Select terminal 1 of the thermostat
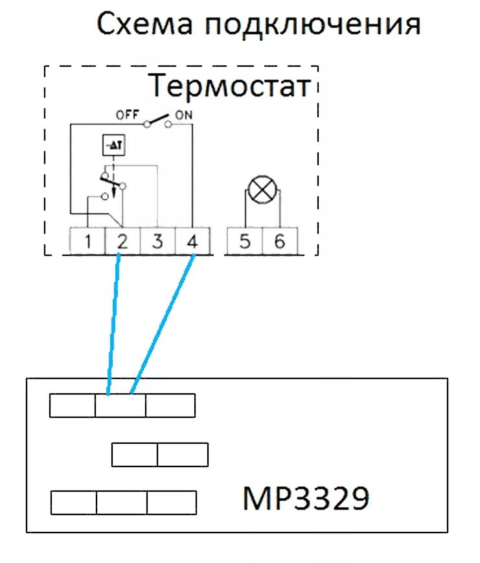pyautogui.click(x=88, y=242)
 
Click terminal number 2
pyautogui.click(x=122, y=242)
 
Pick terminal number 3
pyautogui.click(x=157, y=242)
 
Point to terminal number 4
pyautogui.click(x=192, y=242)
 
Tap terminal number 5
pyautogui.click(x=244, y=242)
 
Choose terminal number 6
pyautogui.click(x=279, y=242)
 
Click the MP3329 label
pyautogui.click(x=306, y=498)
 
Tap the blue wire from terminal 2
pyautogui.click(x=113, y=324)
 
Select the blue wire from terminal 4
pyautogui.click(x=163, y=324)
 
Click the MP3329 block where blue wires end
pyautogui.click(x=120, y=406)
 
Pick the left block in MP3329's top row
pyautogui.click(x=73, y=406)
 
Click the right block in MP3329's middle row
pyautogui.click(x=182, y=454)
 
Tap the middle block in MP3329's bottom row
pyautogui.click(x=122, y=502)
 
